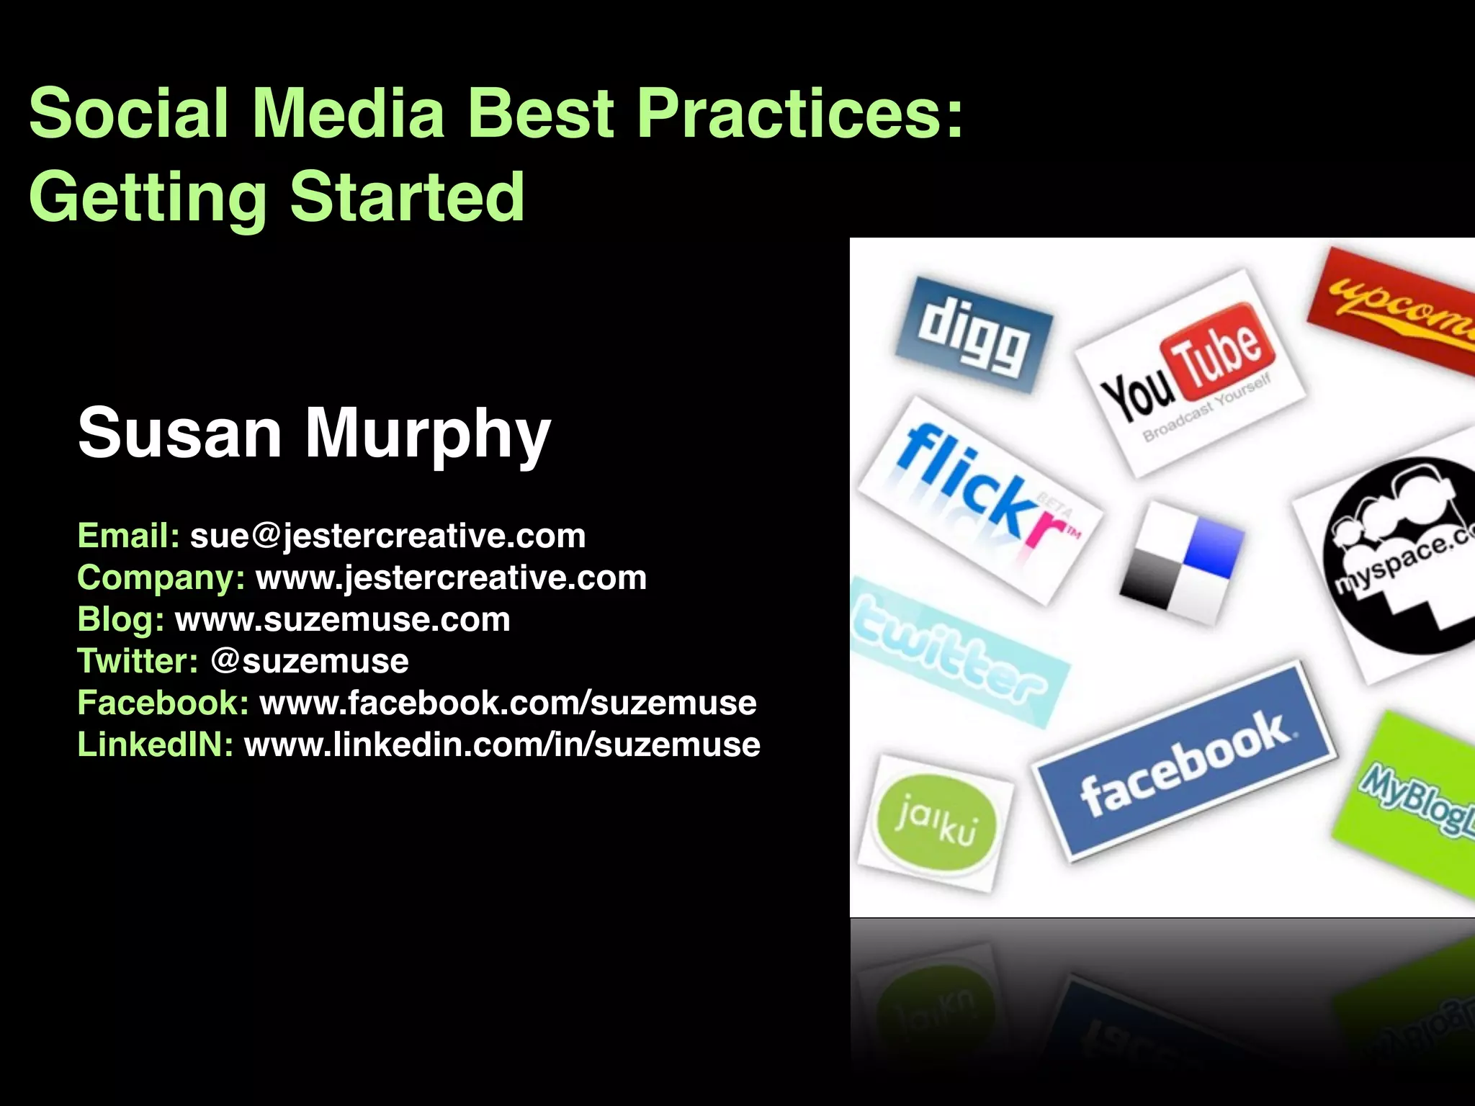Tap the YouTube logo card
[1190, 372]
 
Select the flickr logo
[979, 497]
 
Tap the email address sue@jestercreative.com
[387, 536]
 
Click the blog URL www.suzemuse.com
[342, 619]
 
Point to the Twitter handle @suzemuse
[310, 661]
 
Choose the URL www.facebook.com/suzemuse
[508, 703]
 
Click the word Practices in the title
[799, 114]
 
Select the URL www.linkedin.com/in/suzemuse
[502, 745]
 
